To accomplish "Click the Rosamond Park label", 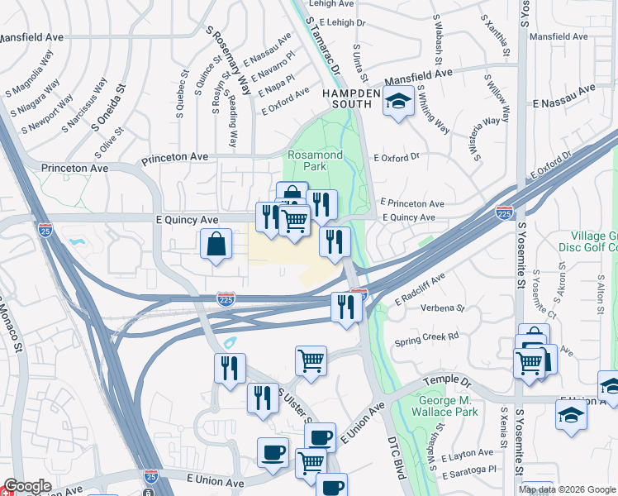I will [307, 160].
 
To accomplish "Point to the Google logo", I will [27, 486].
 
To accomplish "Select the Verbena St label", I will [444, 308].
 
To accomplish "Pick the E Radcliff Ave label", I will [420, 289].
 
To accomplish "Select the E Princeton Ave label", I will [412, 203].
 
